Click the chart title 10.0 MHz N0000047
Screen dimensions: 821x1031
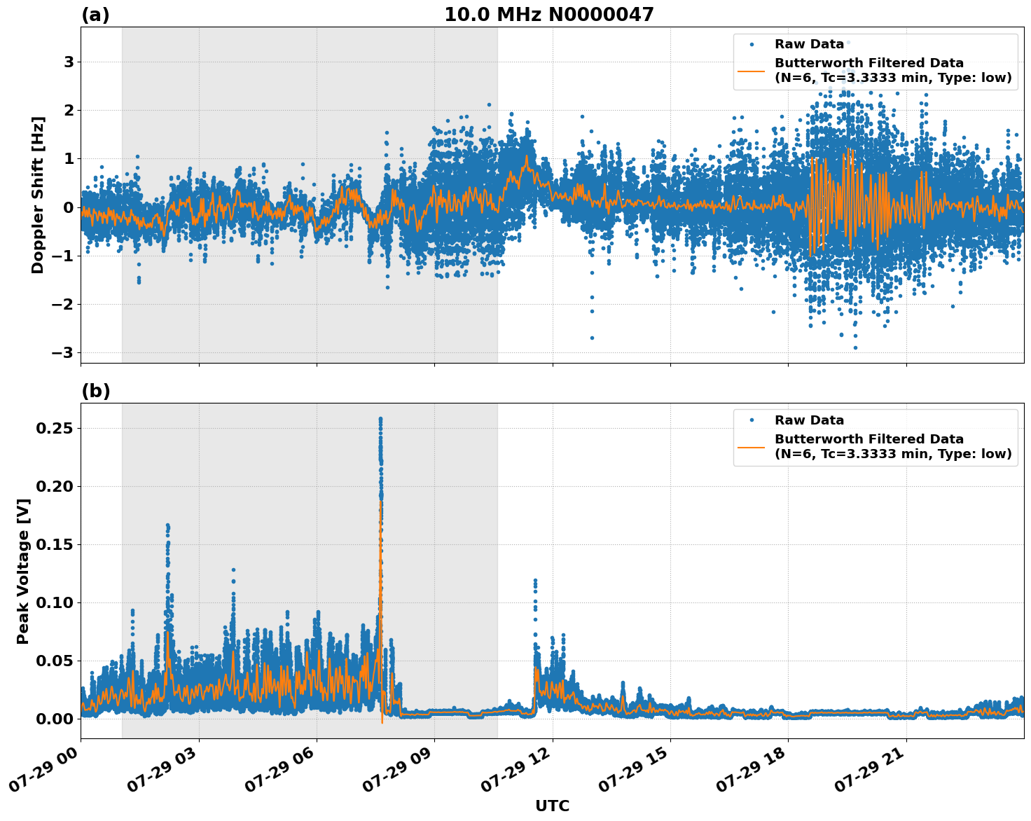pos(548,15)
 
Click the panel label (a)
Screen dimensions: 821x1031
pos(95,15)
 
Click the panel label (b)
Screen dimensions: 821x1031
pos(95,391)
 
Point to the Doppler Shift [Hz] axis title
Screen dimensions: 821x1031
pos(38,195)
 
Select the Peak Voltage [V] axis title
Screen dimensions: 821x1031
pos(23,571)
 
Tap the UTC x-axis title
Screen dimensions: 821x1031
pos(552,806)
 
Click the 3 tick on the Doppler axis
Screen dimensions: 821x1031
pos(69,62)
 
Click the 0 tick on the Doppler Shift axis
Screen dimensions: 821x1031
pos(69,207)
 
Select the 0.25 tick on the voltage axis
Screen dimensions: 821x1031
pos(55,428)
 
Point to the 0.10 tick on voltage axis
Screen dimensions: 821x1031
pos(55,602)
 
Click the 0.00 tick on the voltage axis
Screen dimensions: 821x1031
pos(55,719)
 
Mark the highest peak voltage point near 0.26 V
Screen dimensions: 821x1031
pos(380,419)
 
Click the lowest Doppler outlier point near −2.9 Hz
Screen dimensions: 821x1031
pos(854,347)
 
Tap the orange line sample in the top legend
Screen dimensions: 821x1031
pos(752,71)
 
